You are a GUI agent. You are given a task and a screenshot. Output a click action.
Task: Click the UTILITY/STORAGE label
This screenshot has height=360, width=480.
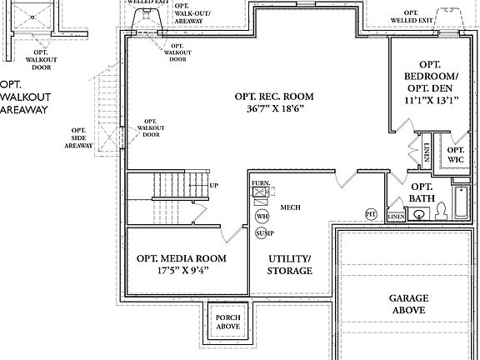click(289, 265)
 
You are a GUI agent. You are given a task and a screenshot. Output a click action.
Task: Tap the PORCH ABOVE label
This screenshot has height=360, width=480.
click(227, 322)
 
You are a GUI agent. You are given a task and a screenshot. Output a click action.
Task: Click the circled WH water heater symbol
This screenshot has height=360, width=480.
click(262, 216)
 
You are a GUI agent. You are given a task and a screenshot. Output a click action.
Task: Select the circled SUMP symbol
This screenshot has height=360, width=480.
click(262, 232)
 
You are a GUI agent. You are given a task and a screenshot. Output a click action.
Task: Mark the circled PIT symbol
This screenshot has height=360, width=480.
click(372, 214)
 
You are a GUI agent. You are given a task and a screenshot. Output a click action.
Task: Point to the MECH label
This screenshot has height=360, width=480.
click(291, 207)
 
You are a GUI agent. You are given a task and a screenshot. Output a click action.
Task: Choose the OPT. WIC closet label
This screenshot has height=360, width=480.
click(456, 154)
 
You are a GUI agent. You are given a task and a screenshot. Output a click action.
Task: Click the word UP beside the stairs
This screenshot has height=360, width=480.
click(215, 185)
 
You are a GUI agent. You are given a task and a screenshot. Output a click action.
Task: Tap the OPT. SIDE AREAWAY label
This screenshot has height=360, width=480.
click(78, 137)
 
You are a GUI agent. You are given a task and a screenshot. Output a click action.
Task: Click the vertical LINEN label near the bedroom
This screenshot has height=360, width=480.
click(427, 152)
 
